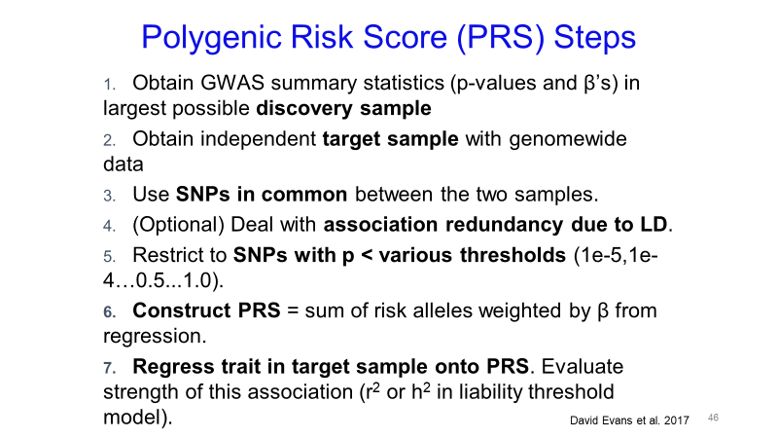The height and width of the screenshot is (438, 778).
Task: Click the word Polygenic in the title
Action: point(212,38)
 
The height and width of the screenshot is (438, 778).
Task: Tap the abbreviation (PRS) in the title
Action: point(501,37)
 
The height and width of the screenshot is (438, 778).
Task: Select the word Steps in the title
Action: point(595,37)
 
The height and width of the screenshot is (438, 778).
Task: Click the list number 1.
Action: point(109,85)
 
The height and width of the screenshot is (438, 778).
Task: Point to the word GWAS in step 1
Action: point(232,83)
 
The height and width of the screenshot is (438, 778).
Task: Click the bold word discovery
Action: point(304,109)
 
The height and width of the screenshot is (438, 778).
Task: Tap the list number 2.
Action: point(109,140)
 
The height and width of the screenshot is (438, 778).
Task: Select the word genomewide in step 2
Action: point(568,140)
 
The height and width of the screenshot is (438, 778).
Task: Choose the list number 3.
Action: point(109,196)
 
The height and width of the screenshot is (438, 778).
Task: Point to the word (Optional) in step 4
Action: point(179,225)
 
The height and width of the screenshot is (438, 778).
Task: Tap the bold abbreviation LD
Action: point(654,225)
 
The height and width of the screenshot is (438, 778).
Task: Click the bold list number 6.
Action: point(109,311)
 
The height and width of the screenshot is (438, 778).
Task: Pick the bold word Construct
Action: point(182,310)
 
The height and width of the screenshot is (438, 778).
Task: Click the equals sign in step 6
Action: point(293,311)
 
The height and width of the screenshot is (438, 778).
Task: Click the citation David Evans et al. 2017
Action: point(629,420)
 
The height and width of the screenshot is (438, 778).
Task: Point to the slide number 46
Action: point(713,418)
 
